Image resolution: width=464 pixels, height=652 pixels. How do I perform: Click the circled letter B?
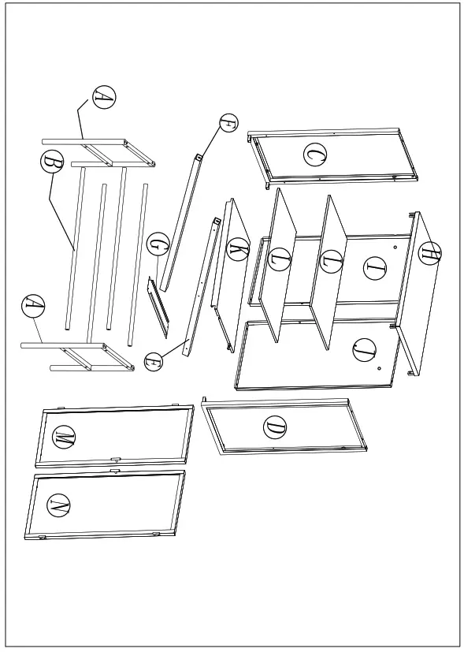(x=53, y=162)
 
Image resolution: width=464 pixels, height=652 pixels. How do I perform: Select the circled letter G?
(x=158, y=244)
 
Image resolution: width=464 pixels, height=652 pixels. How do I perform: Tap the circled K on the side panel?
(x=238, y=250)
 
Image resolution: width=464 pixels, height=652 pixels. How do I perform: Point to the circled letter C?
(x=315, y=155)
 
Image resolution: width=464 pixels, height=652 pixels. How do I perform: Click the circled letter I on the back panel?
(x=376, y=268)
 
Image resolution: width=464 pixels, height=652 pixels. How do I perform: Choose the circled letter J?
(x=364, y=350)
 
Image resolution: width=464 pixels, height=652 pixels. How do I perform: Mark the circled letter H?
(x=429, y=253)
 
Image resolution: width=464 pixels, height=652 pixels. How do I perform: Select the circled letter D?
(x=275, y=428)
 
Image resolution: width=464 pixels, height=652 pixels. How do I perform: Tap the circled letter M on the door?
(x=64, y=437)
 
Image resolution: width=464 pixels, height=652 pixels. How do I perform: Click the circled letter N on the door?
(x=59, y=506)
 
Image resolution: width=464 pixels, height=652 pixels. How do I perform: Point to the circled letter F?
(x=228, y=123)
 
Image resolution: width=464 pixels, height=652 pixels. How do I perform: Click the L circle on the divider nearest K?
(x=280, y=259)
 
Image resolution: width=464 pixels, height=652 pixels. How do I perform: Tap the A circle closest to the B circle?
(x=103, y=97)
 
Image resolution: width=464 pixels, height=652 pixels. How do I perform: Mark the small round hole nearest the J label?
(x=380, y=368)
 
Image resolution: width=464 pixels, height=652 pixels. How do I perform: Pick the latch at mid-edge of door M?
(x=115, y=458)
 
